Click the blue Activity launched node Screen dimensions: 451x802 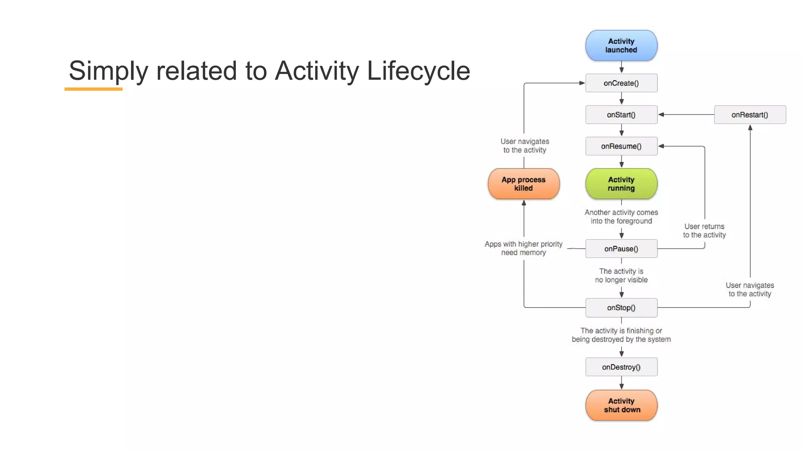pos(621,45)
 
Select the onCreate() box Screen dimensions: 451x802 pos(621,83)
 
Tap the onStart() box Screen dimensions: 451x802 pos(621,115)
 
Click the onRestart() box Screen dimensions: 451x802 pos(750,115)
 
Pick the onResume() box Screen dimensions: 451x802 pos(621,146)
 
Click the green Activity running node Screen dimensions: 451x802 pos(621,184)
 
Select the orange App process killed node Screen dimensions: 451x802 pos(524,184)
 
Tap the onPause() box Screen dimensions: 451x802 pos(621,249)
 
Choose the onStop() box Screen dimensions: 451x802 pos(621,308)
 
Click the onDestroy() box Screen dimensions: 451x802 pos(621,367)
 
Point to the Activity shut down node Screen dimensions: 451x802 pos(621,405)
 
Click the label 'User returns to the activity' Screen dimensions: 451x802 pos(704,231)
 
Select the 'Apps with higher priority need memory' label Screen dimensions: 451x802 pos(523,248)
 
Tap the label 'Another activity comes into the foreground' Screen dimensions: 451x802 pos(621,216)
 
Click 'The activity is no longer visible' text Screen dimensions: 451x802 pos(621,275)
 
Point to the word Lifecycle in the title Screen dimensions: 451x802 pos(418,71)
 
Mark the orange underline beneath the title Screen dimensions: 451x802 pos(94,89)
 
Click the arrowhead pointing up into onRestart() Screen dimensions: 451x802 pos(750,128)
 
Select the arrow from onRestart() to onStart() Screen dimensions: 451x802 pos(685,115)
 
